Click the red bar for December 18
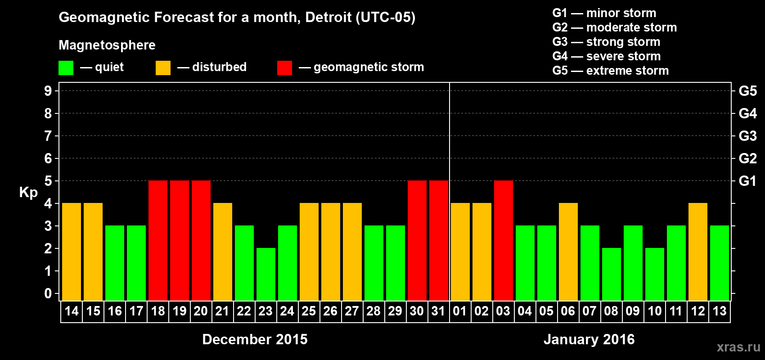coord(158,240)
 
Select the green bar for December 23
coord(266,274)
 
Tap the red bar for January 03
coord(504,240)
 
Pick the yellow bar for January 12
coord(698,252)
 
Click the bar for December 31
coord(439,240)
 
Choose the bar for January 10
coord(655,274)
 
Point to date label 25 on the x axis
coord(309,311)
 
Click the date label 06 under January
coord(568,311)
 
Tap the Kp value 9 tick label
coord(48,91)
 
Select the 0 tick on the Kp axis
coord(48,293)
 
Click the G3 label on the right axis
coord(747,136)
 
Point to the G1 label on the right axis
coord(747,181)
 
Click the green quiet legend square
coord(66,68)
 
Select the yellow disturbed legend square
coord(163,68)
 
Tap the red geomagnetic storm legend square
coord(284,68)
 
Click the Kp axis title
coord(28,193)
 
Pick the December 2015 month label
coord(255,339)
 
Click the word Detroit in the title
coord(328,18)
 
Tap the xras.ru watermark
coord(738,347)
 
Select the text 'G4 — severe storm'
coord(607,56)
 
